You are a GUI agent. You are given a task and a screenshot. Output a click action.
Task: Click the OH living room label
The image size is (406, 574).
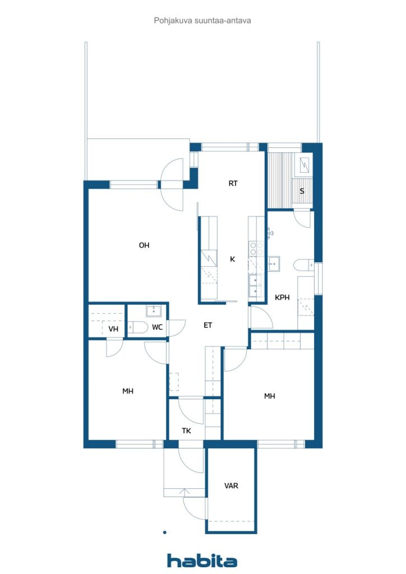144,246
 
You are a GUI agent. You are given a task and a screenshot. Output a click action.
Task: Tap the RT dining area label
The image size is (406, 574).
233,183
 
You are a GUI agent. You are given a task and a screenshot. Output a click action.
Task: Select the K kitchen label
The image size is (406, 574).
233,259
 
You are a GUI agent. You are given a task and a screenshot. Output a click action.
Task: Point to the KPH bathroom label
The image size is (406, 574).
282,298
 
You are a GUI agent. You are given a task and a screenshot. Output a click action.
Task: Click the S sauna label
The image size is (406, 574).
302,191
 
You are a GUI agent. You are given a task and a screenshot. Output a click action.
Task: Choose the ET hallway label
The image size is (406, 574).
207,325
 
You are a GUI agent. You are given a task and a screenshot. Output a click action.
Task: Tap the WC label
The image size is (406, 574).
157,327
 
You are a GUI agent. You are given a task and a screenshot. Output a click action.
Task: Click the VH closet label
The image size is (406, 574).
113,329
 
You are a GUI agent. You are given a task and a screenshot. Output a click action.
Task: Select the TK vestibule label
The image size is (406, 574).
186,431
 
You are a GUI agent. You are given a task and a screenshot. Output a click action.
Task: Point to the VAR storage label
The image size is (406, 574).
231,486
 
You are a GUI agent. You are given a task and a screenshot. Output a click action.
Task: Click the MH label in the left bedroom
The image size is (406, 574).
128,391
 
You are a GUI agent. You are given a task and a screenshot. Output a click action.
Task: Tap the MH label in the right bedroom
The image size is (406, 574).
269,396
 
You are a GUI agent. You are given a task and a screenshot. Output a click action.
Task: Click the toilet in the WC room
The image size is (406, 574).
137,327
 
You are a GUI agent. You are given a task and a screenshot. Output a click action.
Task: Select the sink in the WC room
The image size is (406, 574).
154,311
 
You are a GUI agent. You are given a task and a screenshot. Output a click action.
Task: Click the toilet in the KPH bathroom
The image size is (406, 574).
303,265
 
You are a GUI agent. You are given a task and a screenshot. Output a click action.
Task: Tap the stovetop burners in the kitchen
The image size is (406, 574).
256,248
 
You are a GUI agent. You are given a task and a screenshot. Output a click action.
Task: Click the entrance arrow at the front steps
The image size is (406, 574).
186,493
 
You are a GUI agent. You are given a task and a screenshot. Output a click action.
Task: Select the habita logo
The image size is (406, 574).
202,561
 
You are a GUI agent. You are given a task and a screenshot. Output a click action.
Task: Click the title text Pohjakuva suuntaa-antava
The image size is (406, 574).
202,21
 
